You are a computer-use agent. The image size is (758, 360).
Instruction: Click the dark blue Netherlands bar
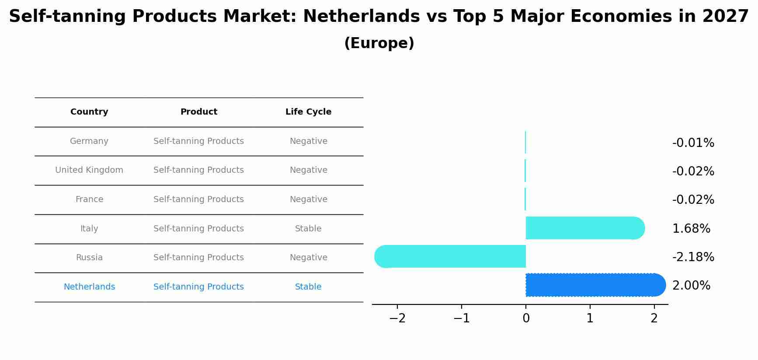(595, 285)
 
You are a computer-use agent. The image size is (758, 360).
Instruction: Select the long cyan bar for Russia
(450, 256)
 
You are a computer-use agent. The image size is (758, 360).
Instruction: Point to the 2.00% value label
(691, 286)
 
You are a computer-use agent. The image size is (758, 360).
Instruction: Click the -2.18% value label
(693, 257)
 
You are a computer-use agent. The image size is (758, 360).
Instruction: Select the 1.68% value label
(691, 229)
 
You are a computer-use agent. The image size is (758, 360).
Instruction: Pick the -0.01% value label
(693, 143)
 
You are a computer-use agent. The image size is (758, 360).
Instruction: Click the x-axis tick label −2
(397, 318)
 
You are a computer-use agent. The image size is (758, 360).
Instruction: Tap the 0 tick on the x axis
(526, 318)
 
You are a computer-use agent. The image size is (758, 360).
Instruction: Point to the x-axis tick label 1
(590, 318)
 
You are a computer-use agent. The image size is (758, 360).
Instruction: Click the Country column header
(89, 112)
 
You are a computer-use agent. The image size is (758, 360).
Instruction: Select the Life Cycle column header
(308, 112)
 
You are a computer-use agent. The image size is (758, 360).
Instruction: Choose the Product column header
(198, 112)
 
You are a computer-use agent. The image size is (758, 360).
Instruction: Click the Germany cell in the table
(89, 141)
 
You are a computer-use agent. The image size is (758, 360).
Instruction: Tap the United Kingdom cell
(89, 170)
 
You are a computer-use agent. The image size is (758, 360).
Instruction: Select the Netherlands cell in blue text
(89, 287)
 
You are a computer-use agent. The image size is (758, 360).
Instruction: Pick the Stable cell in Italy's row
(308, 229)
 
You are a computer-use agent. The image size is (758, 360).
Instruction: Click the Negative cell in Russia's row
(308, 258)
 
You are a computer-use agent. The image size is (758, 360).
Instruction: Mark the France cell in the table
(89, 199)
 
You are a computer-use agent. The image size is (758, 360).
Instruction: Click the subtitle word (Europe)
(379, 43)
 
